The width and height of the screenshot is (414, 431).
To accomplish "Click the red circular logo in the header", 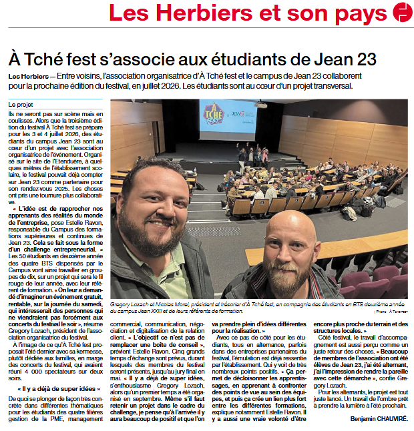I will [x=402, y=12].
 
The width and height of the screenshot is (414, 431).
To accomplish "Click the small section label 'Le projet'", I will [x=21, y=105].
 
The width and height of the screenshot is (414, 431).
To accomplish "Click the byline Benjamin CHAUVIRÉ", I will [x=378, y=419].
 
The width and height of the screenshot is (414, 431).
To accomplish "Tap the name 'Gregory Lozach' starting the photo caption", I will [x=132, y=303].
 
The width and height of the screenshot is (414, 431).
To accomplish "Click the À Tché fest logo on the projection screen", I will [x=212, y=114].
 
